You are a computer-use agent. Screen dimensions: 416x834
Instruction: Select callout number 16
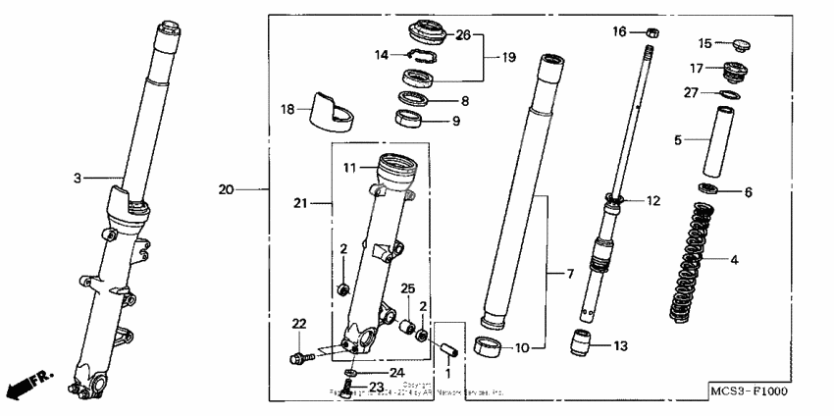tap(619, 32)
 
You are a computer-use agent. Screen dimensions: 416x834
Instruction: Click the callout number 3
tap(78, 178)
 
